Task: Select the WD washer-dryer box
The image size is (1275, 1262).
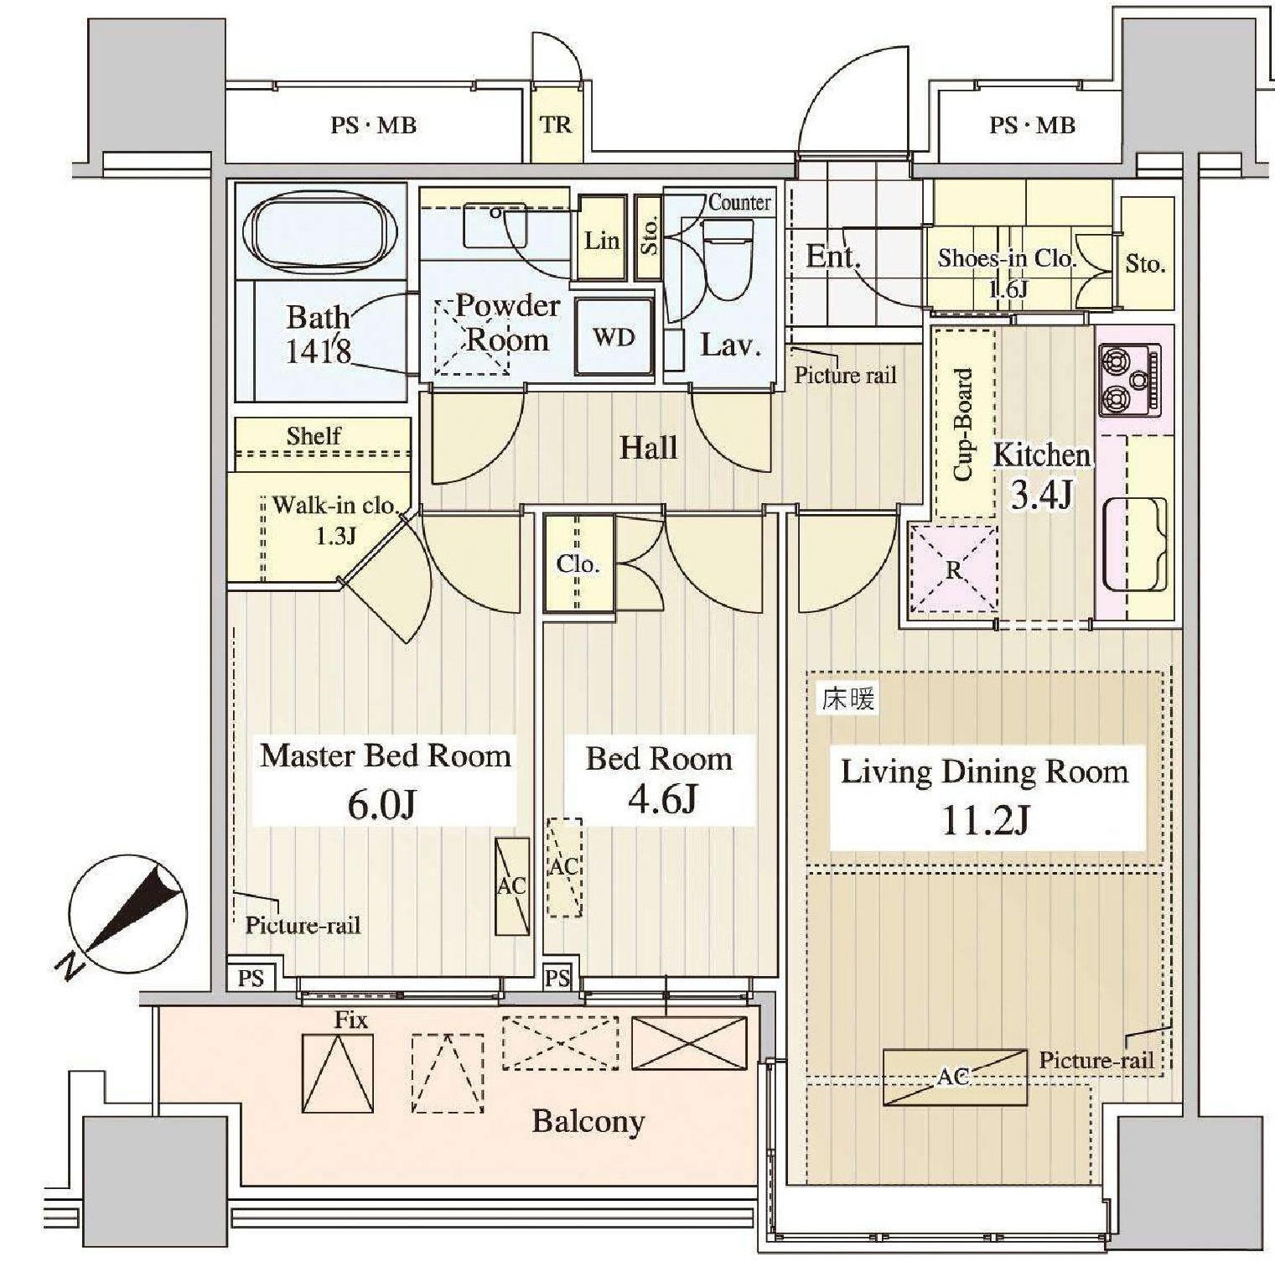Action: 614,337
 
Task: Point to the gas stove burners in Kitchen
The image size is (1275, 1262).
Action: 1130,380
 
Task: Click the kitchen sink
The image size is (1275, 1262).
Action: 1135,544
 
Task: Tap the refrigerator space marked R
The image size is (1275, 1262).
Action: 954,569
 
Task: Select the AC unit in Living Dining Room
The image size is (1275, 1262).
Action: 955,1078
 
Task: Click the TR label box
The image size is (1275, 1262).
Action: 556,125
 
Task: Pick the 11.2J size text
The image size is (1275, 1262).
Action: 986,820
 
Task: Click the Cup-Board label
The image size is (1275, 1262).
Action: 964,424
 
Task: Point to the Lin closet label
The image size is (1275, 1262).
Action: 601,241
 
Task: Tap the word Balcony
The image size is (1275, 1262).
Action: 588,1122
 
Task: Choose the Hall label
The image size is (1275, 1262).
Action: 648,448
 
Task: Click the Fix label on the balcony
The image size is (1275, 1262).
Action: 350,1020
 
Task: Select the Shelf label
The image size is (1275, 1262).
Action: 314,436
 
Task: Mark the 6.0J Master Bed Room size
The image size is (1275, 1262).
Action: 382,805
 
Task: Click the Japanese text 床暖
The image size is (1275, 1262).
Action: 848,698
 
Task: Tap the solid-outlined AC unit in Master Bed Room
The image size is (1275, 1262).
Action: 512,885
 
